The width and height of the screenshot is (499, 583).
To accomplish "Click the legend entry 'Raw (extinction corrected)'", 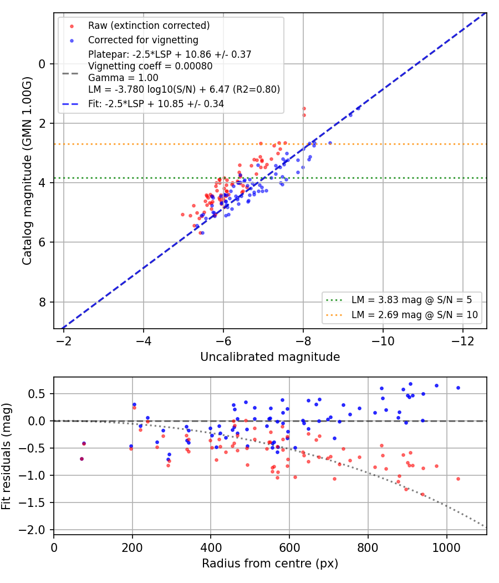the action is [x=149, y=26].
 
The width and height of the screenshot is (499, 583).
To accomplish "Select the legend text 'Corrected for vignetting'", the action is [x=143, y=40].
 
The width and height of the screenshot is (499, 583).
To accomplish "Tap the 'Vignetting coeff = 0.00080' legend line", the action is [x=150, y=66].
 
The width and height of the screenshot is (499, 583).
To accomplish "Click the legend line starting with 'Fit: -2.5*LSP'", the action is [x=156, y=104].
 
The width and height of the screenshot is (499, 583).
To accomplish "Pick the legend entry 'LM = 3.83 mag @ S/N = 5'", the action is [x=411, y=300].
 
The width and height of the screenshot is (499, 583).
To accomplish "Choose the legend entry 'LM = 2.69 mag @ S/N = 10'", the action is [x=414, y=315].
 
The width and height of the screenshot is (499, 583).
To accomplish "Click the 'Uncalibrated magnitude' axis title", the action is [x=270, y=356].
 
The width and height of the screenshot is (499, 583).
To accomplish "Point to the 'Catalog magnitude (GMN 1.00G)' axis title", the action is [x=27, y=170].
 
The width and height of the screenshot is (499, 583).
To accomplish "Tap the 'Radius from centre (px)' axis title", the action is [x=270, y=564].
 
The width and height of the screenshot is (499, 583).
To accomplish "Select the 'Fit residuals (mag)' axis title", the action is [x=6, y=456].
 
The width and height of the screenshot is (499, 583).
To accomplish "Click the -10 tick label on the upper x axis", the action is [x=383, y=341].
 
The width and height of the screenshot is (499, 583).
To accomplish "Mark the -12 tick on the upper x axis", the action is [x=462, y=341].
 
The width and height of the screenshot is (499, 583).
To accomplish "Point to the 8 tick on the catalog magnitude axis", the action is [x=42, y=302].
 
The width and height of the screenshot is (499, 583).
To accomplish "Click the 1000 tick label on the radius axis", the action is [x=446, y=547].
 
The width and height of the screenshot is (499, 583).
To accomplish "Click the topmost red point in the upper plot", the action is [x=304, y=109].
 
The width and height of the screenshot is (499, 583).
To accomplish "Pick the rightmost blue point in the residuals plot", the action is [x=458, y=388].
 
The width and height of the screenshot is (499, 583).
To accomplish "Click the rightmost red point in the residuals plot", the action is [x=458, y=479].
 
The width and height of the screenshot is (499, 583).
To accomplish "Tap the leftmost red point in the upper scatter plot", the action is [x=182, y=214].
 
